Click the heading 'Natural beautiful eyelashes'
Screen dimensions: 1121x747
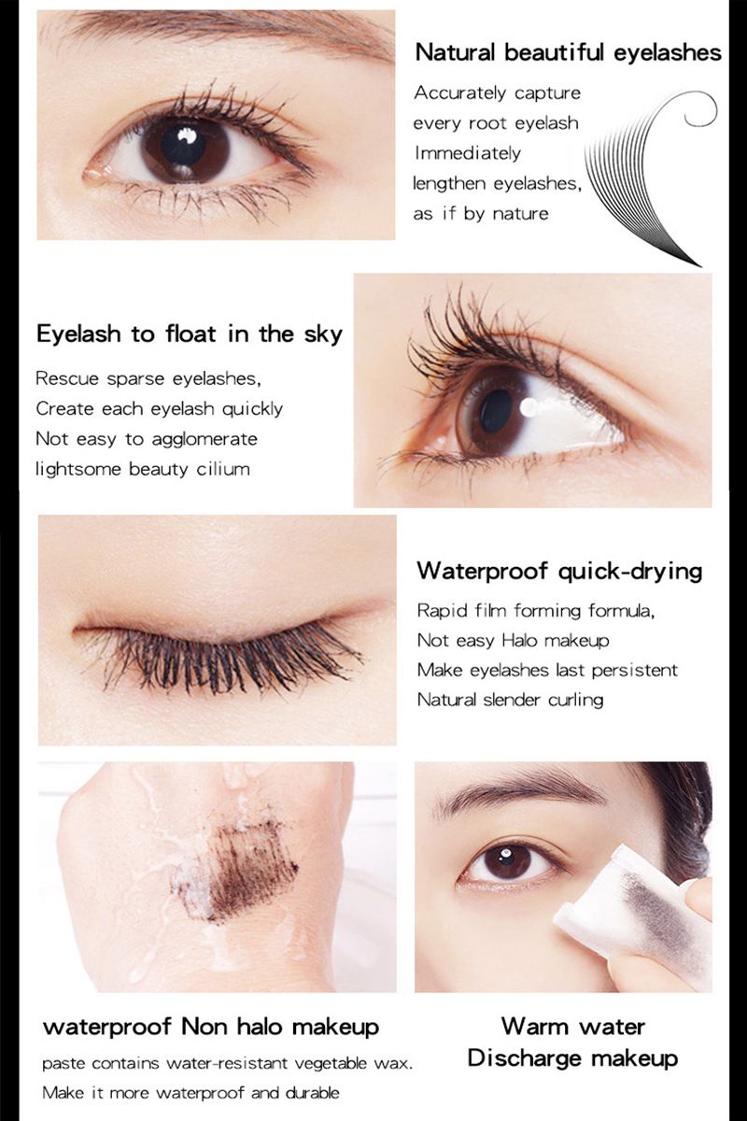click(568, 52)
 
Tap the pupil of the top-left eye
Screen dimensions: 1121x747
click(183, 144)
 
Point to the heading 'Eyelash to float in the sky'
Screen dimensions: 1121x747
click(189, 333)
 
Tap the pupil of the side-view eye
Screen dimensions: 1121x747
click(495, 412)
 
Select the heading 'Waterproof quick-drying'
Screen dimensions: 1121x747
click(559, 571)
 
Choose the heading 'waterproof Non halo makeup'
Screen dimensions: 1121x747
click(211, 1028)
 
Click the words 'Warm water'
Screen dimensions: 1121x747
click(572, 1027)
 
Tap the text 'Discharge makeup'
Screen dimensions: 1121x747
click(572, 1058)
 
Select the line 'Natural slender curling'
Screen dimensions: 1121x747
click(510, 699)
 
